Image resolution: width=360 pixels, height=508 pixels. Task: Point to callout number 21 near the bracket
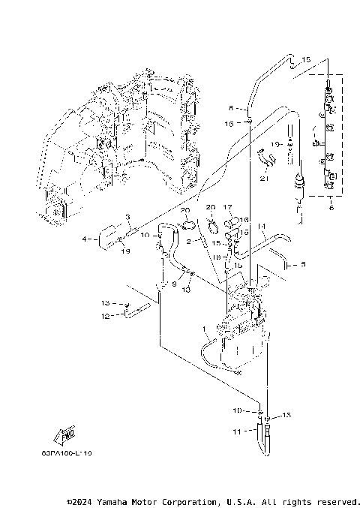point(263,179)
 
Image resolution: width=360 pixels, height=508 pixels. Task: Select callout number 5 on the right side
point(303,264)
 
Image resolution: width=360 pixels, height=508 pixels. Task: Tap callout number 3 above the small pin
point(128,218)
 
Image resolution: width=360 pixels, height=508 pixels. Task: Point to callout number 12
point(105,317)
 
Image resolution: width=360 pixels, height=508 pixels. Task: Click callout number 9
point(173,284)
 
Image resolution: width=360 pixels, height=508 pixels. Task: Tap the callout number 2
point(190,242)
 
